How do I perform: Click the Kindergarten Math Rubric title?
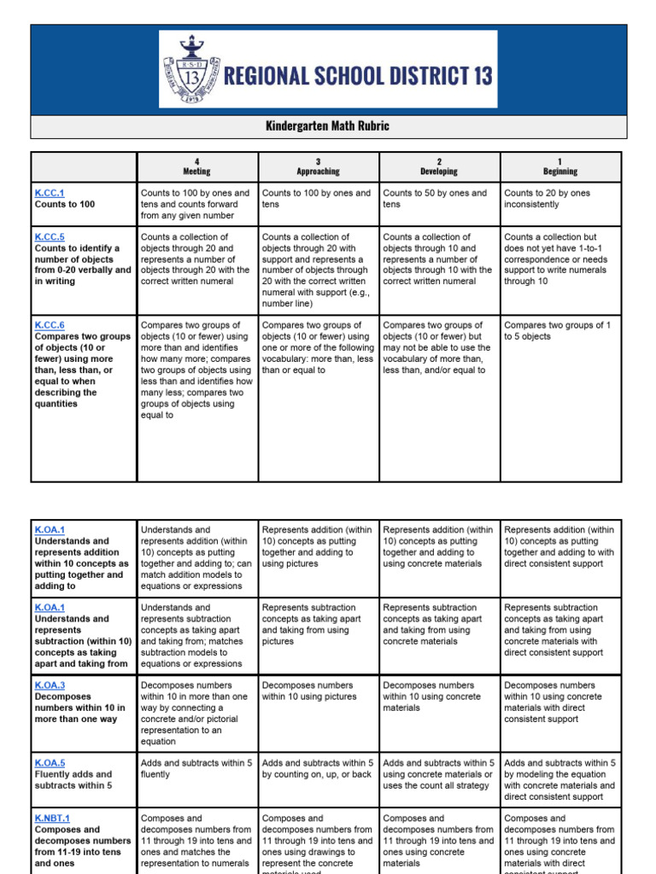coord(328,126)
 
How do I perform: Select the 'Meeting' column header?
coord(196,166)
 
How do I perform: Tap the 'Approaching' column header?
coord(318,166)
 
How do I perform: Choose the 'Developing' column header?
coord(439,166)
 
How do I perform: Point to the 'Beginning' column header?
coord(560,166)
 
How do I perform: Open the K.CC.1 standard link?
coord(50,194)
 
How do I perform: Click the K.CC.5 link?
coord(50,237)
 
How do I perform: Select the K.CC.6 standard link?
coord(50,325)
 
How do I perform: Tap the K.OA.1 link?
coord(50,530)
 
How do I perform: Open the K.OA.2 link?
coord(50,608)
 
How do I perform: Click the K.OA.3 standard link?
coord(50,685)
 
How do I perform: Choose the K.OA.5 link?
coord(50,763)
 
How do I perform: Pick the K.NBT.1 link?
coord(52,819)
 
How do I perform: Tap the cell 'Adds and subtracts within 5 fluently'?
coord(196,768)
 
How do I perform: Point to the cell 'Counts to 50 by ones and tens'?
coord(436,199)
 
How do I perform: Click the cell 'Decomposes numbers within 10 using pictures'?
coord(318,690)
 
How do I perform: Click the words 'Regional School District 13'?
coord(357,76)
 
